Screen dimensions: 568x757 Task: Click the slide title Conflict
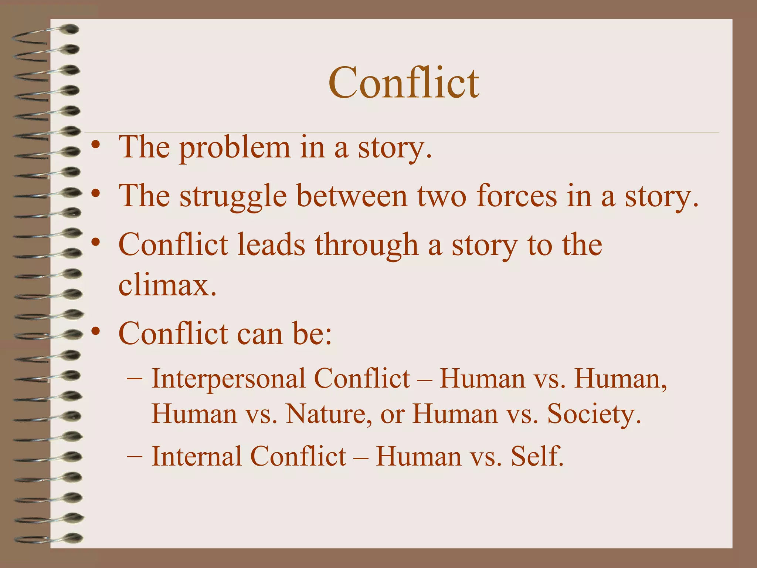point(404,83)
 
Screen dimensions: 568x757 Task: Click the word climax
point(167,285)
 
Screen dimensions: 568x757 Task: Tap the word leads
point(271,245)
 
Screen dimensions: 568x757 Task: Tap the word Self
point(537,456)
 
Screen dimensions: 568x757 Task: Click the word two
point(442,197)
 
